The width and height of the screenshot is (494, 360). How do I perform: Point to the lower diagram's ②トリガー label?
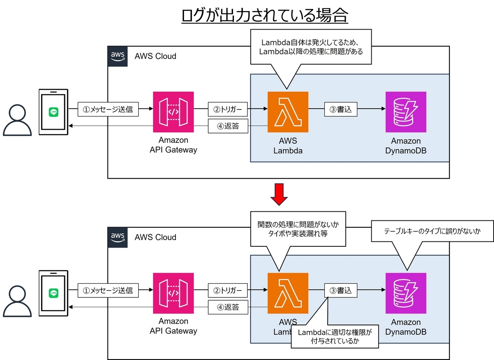[x=228, y=290]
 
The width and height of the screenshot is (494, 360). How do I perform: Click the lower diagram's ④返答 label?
[x=228, y=307]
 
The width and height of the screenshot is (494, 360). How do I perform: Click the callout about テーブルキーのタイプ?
[x=432, y=232]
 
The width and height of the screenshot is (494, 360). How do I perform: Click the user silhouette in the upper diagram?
[x=17, y=120]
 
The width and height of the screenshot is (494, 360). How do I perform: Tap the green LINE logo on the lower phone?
[x=53, y=293]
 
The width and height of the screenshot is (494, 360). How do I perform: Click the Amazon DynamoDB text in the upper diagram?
[x=405, y=145]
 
